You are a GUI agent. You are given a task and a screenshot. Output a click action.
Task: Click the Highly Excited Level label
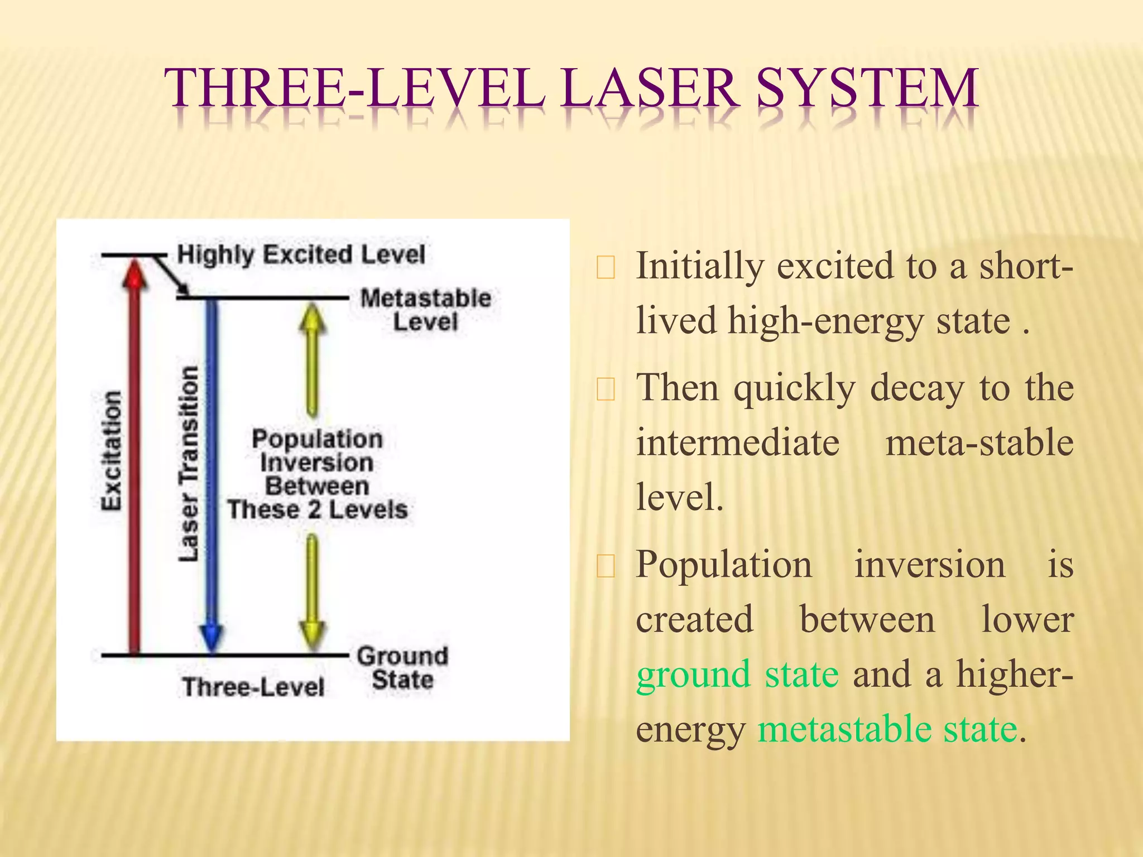click(301, 254)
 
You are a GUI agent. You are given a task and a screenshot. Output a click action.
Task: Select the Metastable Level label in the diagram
click(425, 310)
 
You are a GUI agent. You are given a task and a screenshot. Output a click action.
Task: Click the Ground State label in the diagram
click(402, 668)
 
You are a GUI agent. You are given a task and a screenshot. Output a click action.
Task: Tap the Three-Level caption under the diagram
click(253, 687)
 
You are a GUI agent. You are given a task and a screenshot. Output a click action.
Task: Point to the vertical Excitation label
click(111, 451)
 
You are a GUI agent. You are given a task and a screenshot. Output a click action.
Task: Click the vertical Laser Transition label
click(189, 463)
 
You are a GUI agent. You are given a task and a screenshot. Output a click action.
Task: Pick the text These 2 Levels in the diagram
click(317, 510)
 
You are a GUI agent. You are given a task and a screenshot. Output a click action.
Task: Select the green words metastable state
click(887, 729)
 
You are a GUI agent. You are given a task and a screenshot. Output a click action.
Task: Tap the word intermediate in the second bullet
click(738, 442)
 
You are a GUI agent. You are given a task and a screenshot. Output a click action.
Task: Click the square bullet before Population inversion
click(606, 566)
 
